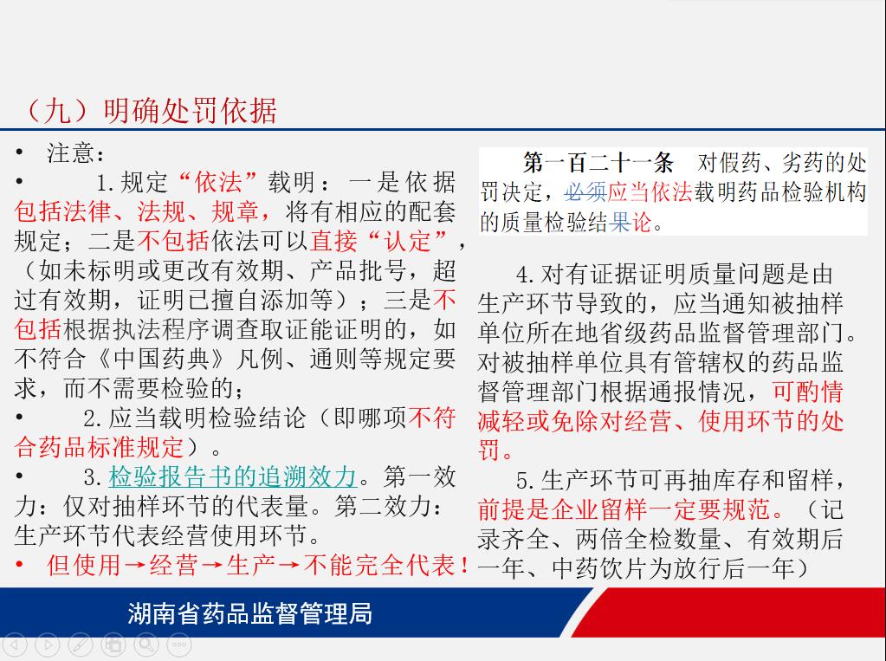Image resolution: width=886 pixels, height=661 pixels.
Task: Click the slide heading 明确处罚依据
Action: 191,110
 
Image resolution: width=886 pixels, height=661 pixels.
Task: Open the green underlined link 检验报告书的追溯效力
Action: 232,476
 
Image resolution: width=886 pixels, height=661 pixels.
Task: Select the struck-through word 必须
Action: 585,192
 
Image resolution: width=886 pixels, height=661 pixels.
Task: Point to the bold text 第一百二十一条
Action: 598,163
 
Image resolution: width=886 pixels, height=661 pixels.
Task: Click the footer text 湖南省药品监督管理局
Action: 249,613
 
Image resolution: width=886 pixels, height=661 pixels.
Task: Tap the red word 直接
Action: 333,242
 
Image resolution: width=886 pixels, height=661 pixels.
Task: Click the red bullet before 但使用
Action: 20,564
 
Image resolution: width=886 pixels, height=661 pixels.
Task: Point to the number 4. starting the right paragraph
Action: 525,275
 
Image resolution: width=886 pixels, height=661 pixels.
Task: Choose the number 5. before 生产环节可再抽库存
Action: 525,481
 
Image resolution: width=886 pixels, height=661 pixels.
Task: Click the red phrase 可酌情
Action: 807,392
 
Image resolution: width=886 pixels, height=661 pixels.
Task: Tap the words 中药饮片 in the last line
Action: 599,568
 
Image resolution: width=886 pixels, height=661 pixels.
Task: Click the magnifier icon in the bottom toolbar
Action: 146,644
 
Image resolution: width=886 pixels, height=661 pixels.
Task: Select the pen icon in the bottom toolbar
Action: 81,644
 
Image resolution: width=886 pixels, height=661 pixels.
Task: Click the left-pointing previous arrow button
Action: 15,644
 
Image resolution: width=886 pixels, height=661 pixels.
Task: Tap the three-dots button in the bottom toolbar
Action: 179,644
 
